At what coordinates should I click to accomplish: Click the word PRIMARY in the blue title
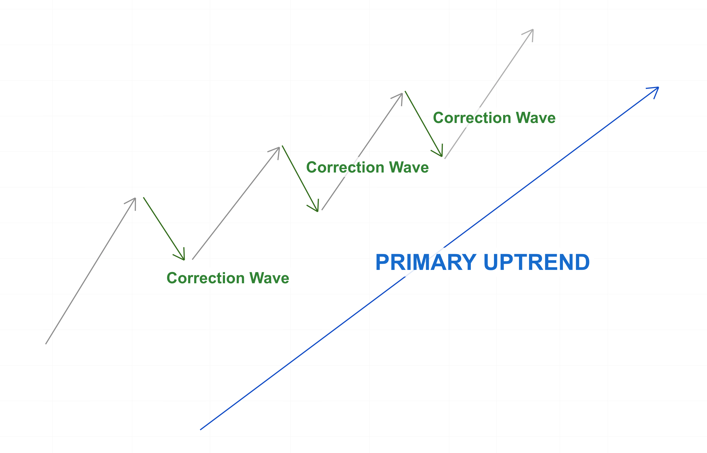tap(426, 262)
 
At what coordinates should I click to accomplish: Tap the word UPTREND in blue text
tap(537, 262)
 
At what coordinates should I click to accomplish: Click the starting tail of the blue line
tap(201, 429)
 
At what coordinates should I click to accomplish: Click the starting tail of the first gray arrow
tap(46, 343)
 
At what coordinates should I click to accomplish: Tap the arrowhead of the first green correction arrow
tap(184, 259)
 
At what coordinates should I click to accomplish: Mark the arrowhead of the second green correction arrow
tap(318, 211)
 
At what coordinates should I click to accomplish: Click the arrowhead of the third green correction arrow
tap(442, 156)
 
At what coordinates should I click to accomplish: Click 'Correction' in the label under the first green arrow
tap(206, 278)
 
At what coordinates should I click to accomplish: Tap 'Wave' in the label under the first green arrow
tap(269, 278)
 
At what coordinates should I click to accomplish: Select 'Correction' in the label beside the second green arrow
tap(345, 168)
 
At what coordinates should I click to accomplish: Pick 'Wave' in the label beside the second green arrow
tap(409, 168)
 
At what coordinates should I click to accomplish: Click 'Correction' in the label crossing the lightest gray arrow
tap(472, 118)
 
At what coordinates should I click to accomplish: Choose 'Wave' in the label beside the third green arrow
tap(536, 118)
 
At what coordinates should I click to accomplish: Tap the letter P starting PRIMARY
tap(382, 262)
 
